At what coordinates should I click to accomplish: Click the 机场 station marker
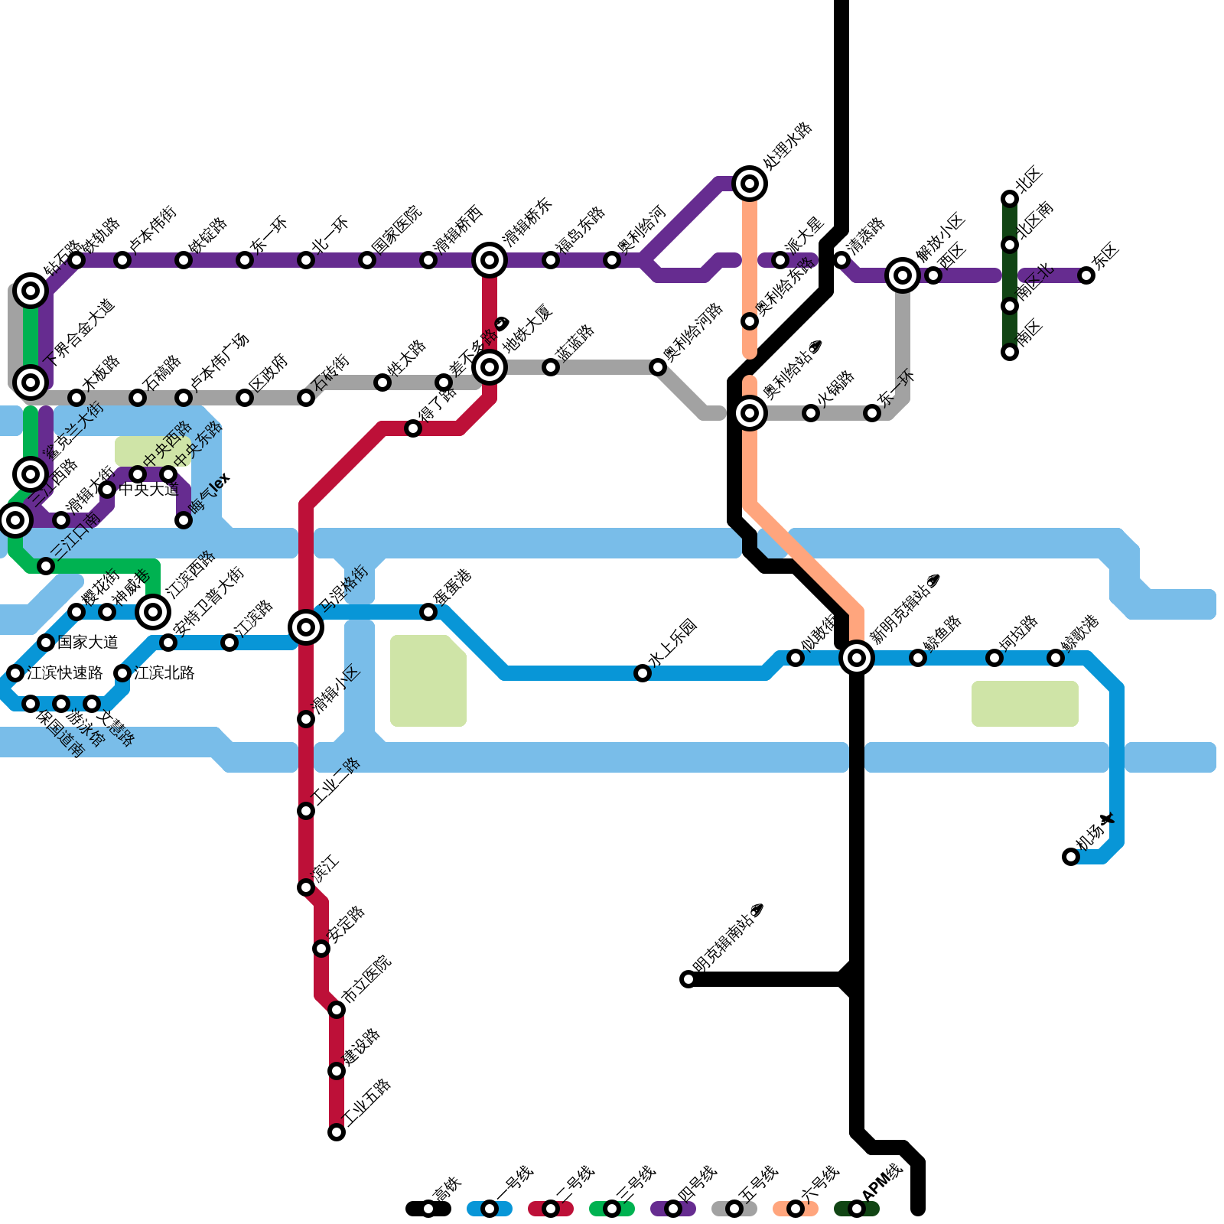(x=1071, y=857)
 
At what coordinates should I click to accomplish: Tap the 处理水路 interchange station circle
(x=750, y=184)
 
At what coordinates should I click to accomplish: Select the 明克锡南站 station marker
(x=688, y=979)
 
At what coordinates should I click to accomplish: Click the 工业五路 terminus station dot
(x=337, y=1132)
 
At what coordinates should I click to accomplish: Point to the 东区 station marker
(x=1086, y=275)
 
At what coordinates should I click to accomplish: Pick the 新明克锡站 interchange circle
(x=857, y=658)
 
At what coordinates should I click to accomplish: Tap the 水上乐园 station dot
(x=643, y=673)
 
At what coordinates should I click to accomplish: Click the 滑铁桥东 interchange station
(x=490, y=260)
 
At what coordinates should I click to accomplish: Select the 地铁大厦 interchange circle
(x=490, y=367)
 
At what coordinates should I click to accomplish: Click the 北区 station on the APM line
(x=1010, y=199)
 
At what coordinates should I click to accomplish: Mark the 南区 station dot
(x=1010, y=352)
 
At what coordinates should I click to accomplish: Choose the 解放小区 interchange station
(x=903, y=275)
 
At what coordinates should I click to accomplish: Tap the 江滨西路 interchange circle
(x=153, y=612)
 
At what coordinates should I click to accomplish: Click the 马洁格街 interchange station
(x=306, y=627)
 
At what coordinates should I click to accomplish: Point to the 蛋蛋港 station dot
(x=428, y=612)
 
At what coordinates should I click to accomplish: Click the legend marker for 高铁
(x=428, y=1209)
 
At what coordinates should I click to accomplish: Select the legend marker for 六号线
(x=796, y=1209)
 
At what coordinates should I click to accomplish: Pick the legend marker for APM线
(x=857, y=1209)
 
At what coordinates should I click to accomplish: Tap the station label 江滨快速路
(x=65, y=673)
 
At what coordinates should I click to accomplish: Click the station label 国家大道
(x=88, y=643)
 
